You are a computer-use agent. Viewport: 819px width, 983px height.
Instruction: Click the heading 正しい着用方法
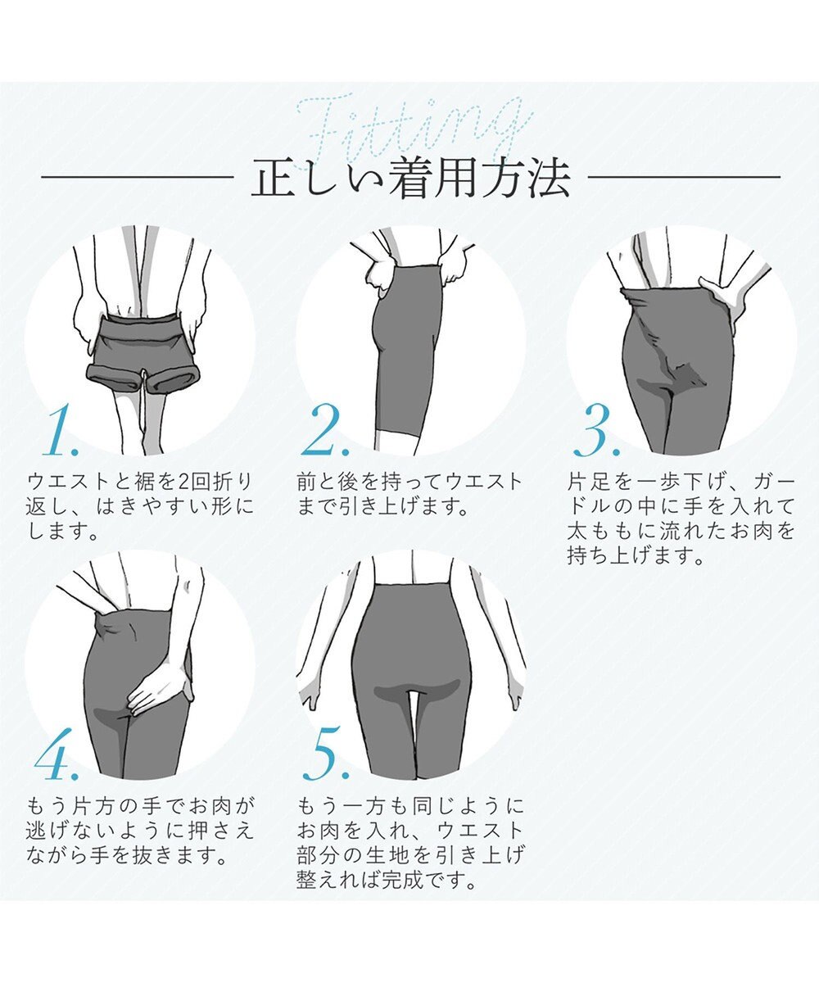pyautogui.click(x=409, y=179)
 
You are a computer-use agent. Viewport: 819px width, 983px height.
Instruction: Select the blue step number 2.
pyautogui.click(x=325, y=433)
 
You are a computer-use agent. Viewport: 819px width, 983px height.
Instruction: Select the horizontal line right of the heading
pyautogui.click(x=684, y=177)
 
